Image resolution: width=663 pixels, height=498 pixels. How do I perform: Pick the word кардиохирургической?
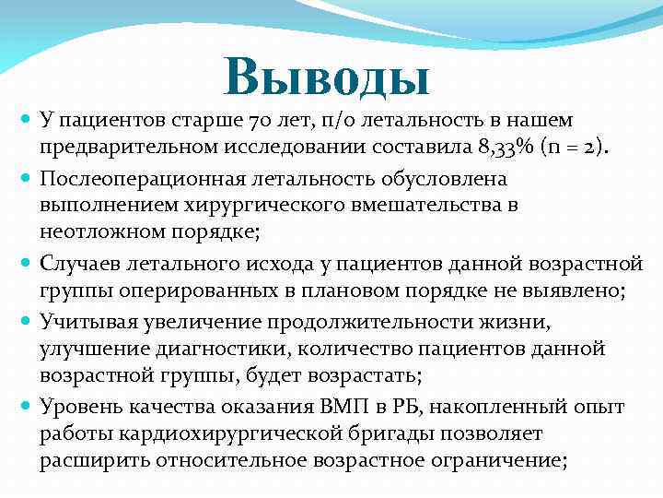click(215, 433)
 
